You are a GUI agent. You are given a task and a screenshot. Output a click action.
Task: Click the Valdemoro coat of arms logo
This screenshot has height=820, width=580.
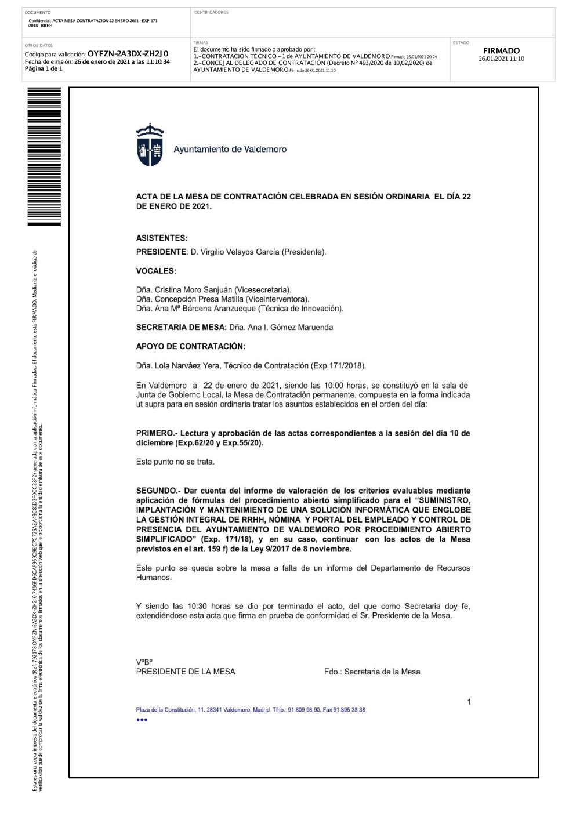pos(150,145)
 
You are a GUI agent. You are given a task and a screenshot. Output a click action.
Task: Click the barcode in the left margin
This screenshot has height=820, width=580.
pos(44,157)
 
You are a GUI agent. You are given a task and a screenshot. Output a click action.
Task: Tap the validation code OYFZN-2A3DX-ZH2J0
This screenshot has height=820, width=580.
pos(128,54)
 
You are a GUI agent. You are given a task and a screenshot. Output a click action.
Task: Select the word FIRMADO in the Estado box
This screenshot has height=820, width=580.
pos(501,51)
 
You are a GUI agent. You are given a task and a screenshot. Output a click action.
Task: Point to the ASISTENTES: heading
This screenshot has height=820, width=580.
pos(162,238)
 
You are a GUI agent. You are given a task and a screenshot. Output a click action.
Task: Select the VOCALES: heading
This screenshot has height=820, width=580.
pos(156,271)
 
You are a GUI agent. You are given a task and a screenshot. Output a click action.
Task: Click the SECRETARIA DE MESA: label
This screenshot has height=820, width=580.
pos(181,327)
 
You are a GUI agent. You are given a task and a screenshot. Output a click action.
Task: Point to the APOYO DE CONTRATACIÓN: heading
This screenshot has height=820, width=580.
pos(191,346)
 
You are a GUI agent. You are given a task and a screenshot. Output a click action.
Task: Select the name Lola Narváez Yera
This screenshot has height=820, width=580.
pos(187,365)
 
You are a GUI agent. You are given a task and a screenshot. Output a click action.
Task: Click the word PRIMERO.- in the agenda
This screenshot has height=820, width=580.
pos(157,433)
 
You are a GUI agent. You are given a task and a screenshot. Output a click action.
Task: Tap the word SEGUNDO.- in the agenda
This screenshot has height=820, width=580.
pos(158,491)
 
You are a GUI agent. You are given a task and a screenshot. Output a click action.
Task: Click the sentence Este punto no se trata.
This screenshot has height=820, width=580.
pos(175,462)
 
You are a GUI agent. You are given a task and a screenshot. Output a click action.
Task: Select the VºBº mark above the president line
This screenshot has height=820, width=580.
pos(144,662)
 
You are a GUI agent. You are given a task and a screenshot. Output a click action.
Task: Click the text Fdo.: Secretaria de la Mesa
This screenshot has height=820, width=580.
pos(372,672)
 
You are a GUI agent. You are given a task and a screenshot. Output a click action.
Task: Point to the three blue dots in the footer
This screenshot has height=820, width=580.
pos(142,720)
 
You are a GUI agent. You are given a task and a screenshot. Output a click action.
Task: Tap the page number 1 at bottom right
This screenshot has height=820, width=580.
pos(469,702)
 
